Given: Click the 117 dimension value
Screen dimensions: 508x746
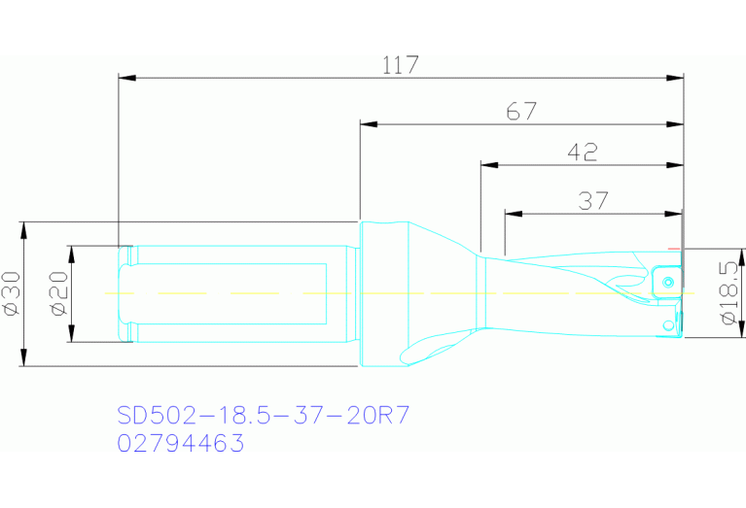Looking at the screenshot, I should pos(400,65).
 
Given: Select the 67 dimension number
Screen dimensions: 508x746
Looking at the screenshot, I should pos(521,112).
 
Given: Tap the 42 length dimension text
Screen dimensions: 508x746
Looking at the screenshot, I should pos(582,152).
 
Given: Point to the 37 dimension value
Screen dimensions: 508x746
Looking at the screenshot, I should pos(593,201).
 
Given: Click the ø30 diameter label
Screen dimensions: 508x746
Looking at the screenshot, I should pos(13,293).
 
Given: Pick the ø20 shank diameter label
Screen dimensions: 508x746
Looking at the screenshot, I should pos(57,293).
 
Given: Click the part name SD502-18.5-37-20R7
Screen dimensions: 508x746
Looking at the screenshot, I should pos(263,416).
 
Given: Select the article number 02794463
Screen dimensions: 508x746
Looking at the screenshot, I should pos(180,444).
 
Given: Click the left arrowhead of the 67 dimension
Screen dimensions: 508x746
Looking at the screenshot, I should pos(366,125).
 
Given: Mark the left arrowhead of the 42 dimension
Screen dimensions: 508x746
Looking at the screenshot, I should pos(486,165).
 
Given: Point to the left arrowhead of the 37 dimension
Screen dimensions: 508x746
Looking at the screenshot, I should pos(511,214).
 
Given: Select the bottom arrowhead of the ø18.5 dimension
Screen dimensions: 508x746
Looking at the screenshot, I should pos(742,332).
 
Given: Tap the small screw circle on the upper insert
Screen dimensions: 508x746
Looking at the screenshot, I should pos(668,282).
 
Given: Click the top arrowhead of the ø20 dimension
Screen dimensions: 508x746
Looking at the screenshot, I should pos(70,252).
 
